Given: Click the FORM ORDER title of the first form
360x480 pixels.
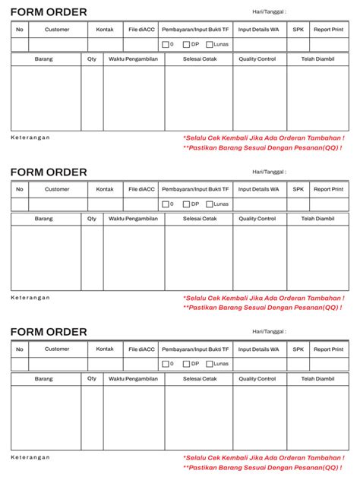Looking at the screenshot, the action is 49,12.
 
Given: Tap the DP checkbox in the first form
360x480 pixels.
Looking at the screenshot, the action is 186,44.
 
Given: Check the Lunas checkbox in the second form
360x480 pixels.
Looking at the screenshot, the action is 210,204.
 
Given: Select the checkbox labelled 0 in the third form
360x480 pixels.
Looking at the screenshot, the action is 165,364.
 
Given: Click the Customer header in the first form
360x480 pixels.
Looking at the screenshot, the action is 57,30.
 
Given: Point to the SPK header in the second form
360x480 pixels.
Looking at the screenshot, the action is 298,189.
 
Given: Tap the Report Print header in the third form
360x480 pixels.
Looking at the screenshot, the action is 328,349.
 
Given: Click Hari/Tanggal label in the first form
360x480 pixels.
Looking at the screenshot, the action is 269,12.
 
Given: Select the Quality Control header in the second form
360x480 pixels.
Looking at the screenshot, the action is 257,219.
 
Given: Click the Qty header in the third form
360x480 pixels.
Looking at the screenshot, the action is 92,378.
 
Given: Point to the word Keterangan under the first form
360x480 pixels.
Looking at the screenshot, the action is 30,137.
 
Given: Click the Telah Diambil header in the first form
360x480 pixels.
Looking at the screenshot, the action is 317,58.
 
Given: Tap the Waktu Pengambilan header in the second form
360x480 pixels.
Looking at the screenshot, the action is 133,219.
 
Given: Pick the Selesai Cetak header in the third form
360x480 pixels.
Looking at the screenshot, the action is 198,378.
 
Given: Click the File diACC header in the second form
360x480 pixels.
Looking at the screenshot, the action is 141,189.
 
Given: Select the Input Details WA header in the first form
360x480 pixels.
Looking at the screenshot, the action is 258,30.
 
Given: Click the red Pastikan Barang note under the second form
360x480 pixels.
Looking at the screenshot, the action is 262,308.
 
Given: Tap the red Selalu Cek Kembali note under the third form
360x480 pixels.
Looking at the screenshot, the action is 263,458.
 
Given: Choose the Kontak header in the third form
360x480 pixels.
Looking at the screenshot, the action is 105,349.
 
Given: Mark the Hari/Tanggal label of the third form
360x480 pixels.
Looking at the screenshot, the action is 269,332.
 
